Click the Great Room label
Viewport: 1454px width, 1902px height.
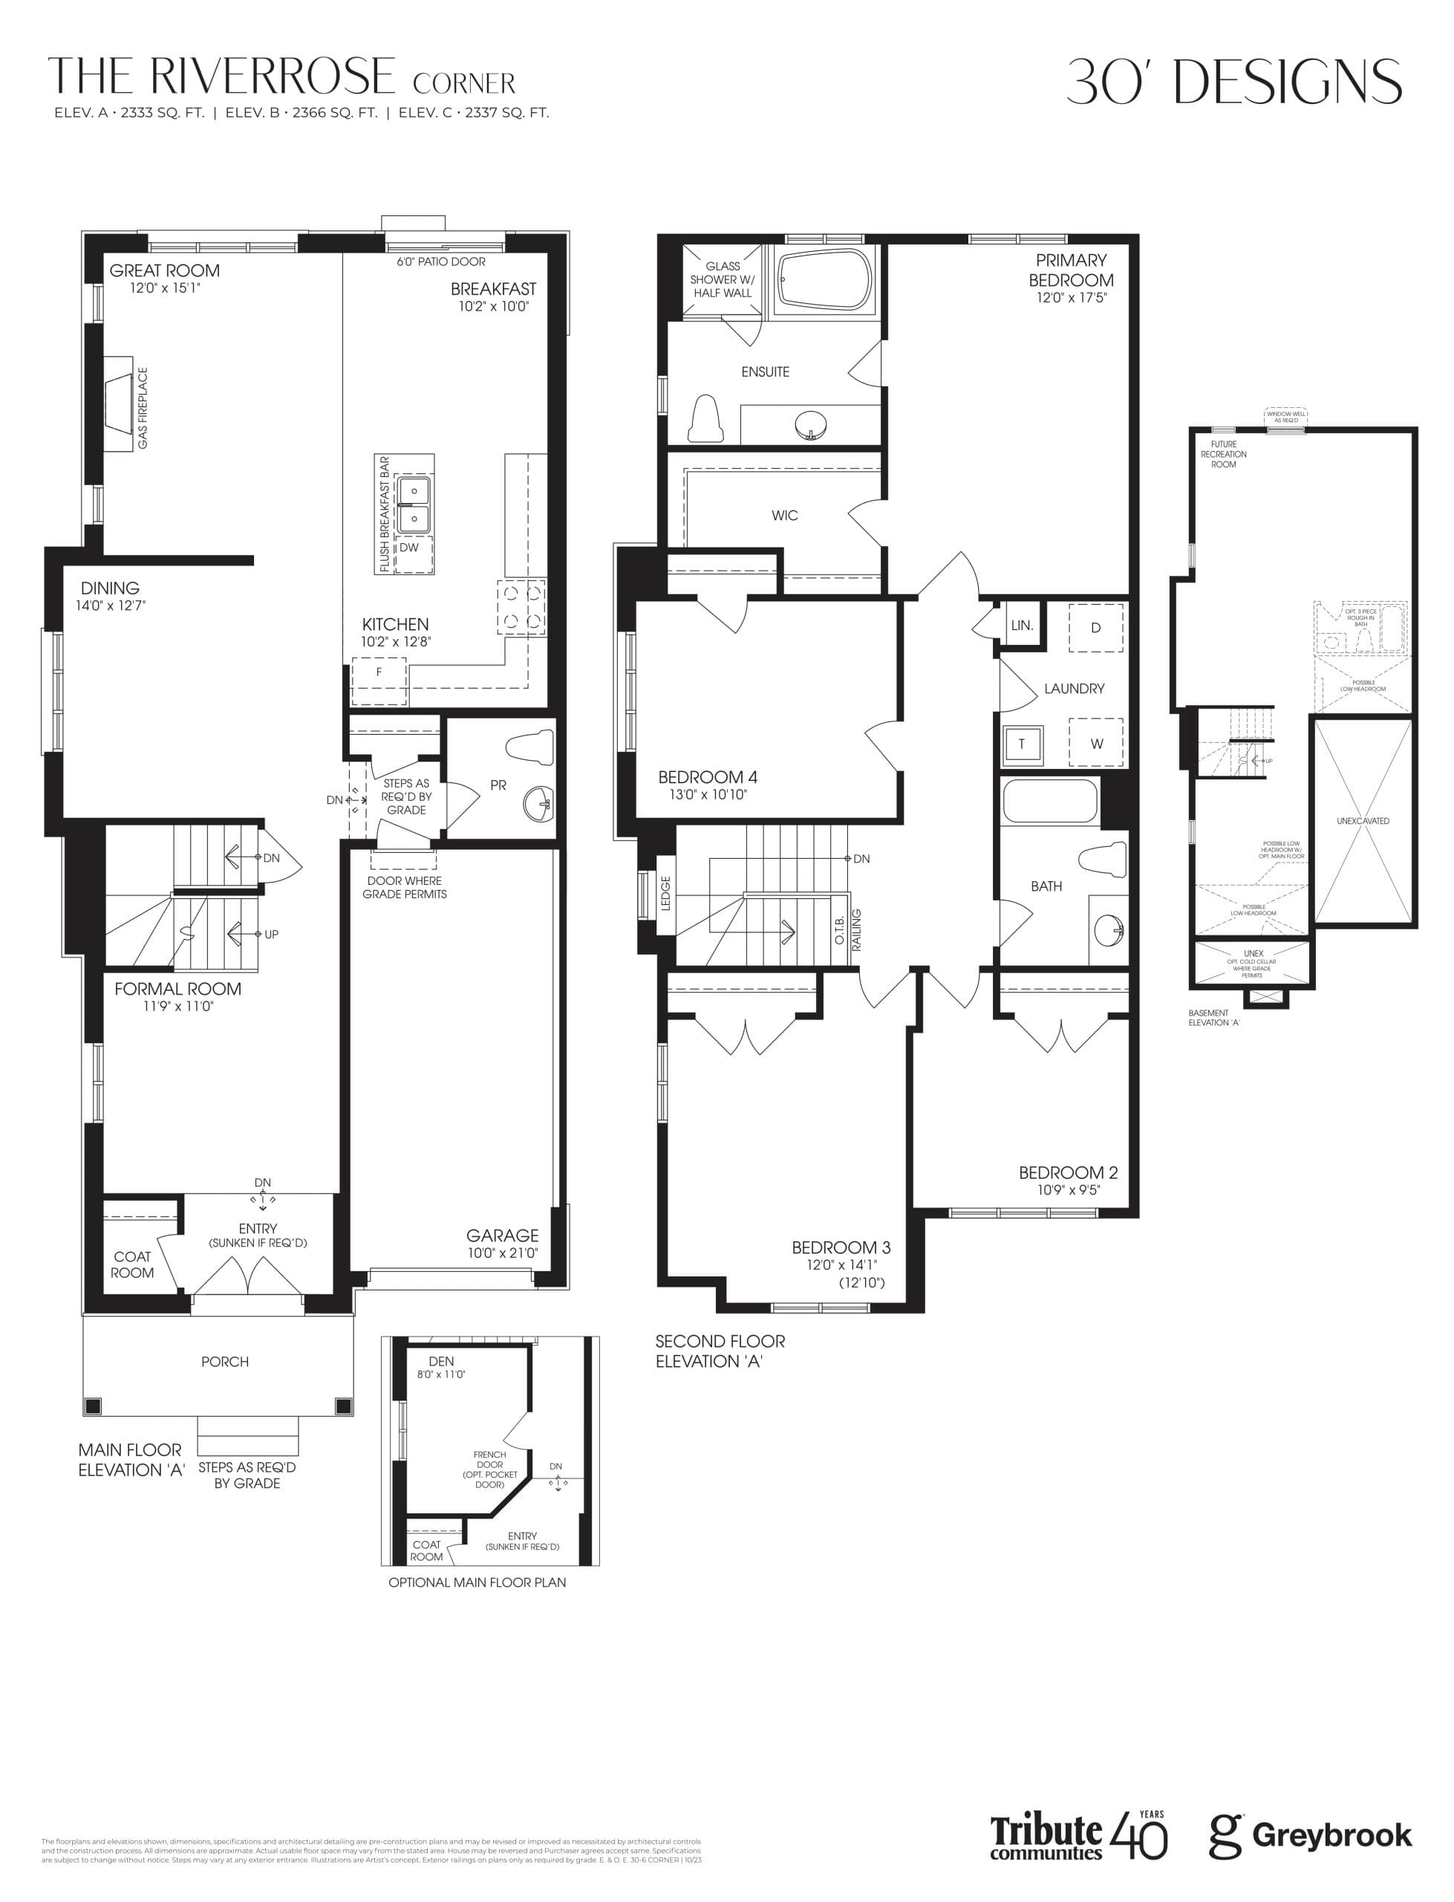tap(164, 271)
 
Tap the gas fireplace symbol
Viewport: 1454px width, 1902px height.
tap(120, 403)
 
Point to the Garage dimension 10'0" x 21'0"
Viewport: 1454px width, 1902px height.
tap(503, 1253)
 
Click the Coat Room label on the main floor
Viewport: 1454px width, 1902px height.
tap(132, 1264)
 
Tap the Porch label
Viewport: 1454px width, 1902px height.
tap(225, 1362)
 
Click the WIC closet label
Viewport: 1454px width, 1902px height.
tap(785, 516)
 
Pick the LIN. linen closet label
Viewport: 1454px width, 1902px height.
tap(1022, 625)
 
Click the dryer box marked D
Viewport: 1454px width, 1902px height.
tap(1095, 628)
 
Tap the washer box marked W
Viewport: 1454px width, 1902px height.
tap(1097, 743)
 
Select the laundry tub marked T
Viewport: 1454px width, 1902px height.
tap(1021, 744)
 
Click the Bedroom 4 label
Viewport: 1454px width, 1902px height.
tap(707, 777)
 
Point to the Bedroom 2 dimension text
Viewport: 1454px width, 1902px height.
tap(1069, 1189)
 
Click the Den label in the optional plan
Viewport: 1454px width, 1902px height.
tap(441, 1362)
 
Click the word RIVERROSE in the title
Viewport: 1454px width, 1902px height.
tap(273, 77)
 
